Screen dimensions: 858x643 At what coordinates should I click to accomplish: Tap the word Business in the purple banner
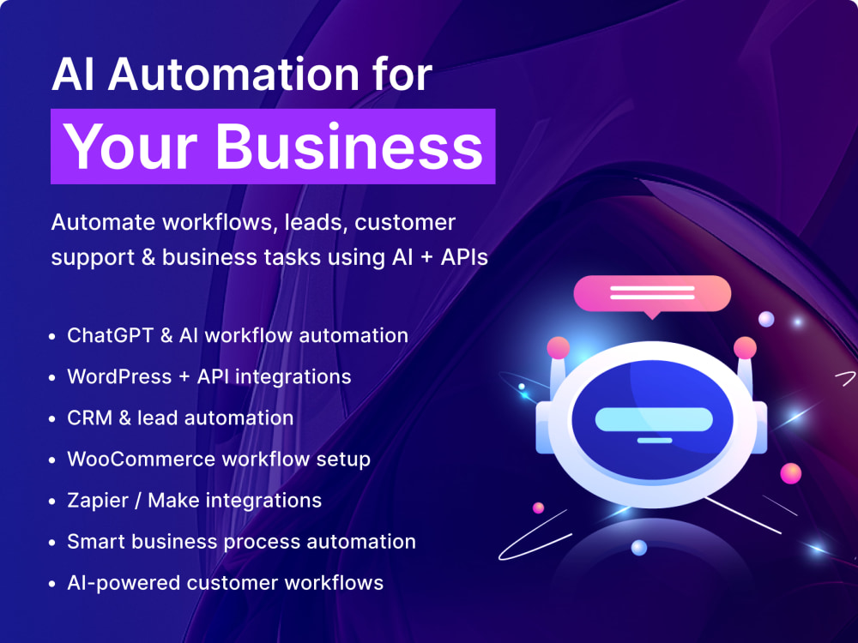coord(350,147)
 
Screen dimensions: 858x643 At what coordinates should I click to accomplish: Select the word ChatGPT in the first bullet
coord(110,335)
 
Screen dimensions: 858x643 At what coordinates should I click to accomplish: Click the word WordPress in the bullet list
coord(119,376)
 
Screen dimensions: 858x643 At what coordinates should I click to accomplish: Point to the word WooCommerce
coord(142,459)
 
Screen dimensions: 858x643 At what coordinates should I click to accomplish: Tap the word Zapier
coord(98,502)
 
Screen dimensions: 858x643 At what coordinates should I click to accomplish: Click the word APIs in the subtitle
coord(464,257)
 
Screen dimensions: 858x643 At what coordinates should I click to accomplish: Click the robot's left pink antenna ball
coord(559,348)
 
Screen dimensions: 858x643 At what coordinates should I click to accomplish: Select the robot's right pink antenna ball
coord(745,348)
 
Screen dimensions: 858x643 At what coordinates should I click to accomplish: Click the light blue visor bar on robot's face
coord(654,419)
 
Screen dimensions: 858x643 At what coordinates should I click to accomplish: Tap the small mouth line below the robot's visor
coord(655,440)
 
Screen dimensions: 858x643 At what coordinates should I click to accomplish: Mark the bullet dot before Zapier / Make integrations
coord(52,502)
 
